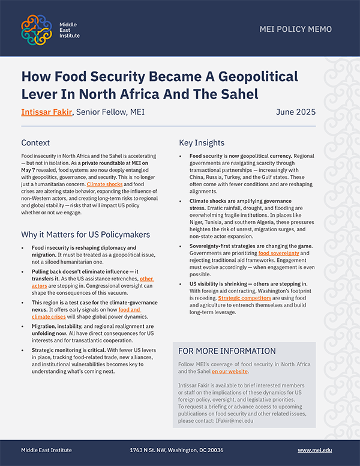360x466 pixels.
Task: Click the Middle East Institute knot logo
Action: (37, 28)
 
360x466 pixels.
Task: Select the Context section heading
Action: (35, 143)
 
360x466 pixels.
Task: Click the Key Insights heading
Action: (202, 143)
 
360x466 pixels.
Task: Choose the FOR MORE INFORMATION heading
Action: (227, 351)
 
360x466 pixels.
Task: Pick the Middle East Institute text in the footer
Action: (46, 450)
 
